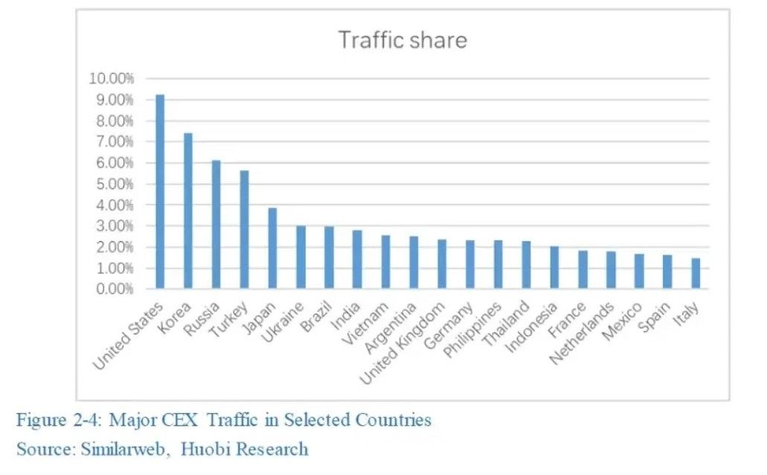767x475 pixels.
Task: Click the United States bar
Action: click(160, 192)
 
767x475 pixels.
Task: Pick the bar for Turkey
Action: click(244, 230)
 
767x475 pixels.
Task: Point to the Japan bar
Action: click(272, 249)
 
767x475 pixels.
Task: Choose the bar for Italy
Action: click(696, 273)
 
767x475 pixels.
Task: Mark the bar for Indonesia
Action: click(554, 268)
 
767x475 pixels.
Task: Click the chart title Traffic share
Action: click(402, 39)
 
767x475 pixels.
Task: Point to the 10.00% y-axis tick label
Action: click(111, 79)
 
